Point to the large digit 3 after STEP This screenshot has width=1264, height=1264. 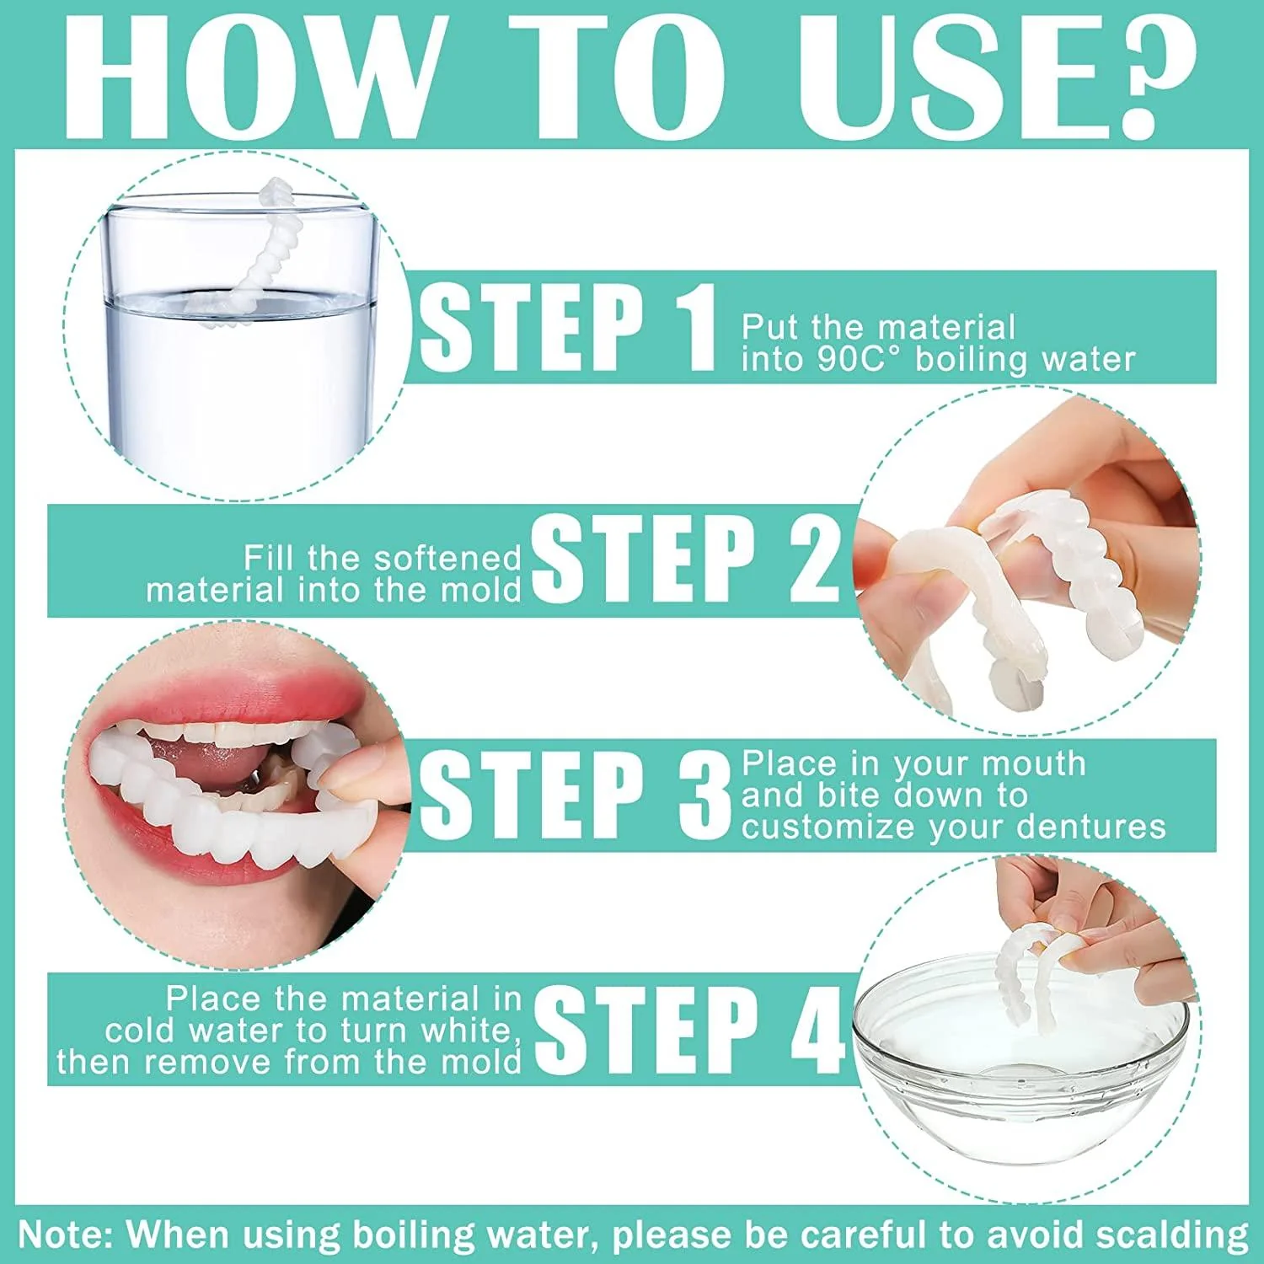point(704,795)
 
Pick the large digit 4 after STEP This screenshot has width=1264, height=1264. point(816,1030)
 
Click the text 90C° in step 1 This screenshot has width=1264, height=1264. point(859,360)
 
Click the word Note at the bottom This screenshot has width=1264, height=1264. point(64,1235)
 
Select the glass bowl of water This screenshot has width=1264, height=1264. point(1020,1070)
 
